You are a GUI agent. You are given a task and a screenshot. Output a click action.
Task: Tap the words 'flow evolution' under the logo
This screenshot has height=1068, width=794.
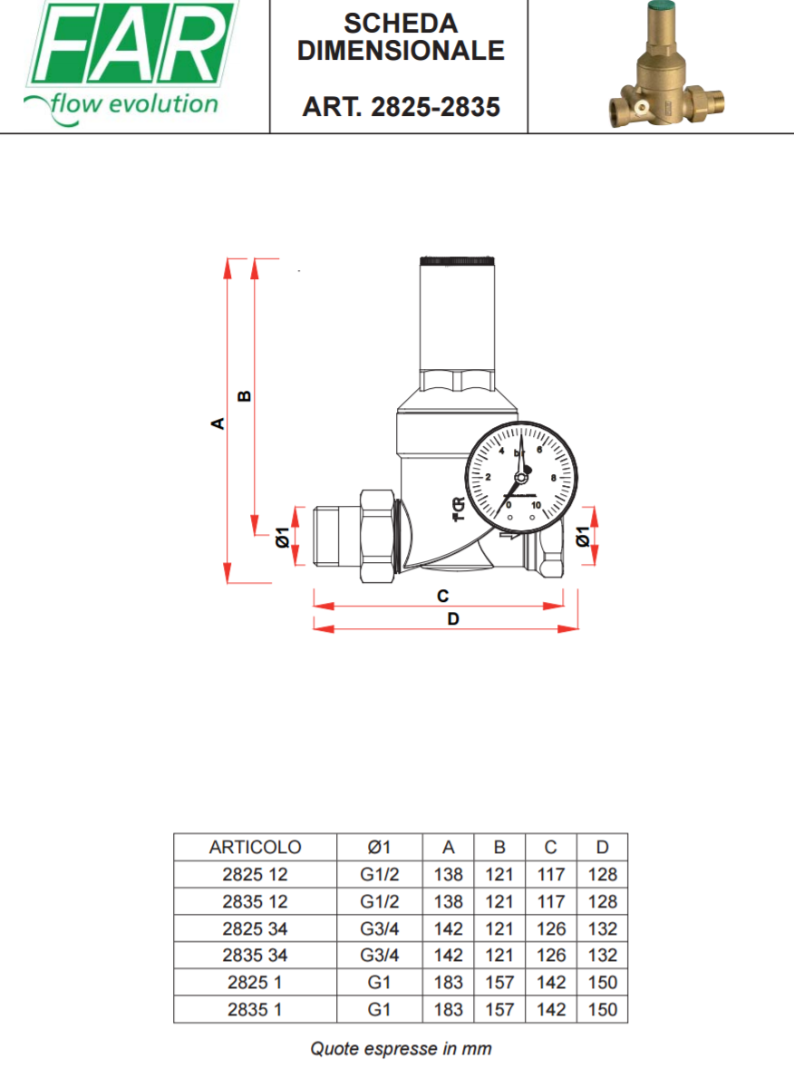pyautogui.click(x=133, y=105)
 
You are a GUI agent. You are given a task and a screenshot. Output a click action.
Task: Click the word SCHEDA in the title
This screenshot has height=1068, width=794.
pyautogui.click(x=401, y=24)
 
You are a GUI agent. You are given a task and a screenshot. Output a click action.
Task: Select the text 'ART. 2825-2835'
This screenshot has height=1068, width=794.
pyautogui.click(x=402, y=107)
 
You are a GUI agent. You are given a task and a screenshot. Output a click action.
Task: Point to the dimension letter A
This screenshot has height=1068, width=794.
pyautogui.click(x=218, y=423)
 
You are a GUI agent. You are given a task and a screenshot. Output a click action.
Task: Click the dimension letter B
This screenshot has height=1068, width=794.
pyautogui.click(x=244, y=396)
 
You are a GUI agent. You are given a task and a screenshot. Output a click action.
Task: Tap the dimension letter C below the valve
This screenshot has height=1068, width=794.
pyautogui.click(x=442, y=596)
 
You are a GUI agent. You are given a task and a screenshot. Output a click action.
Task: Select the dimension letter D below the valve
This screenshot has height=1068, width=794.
pyautogui.click(x=453, y=618)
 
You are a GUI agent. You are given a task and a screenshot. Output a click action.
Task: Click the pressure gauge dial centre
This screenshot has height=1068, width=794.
pyautogui.click(x=521, y=477)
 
